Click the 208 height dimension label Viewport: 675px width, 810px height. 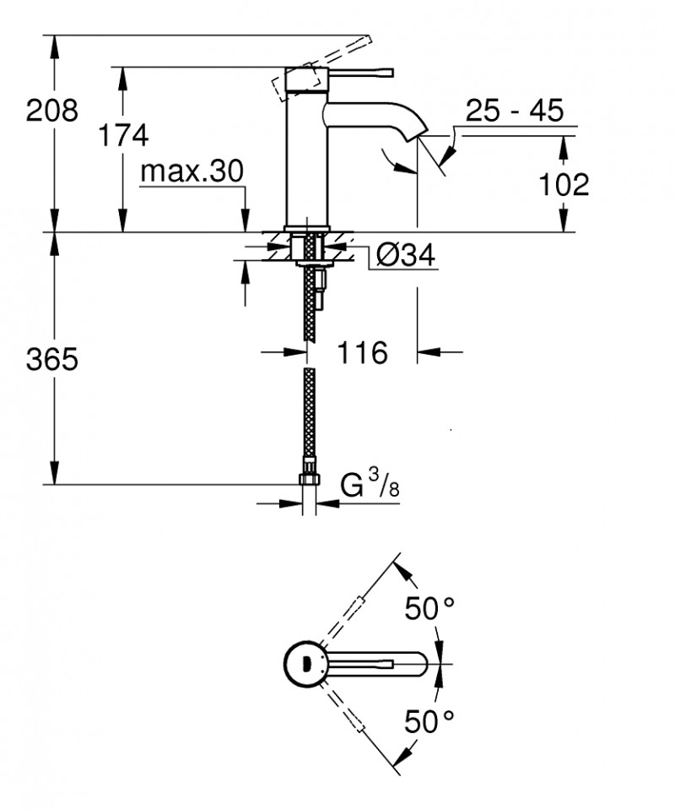coord(51,110)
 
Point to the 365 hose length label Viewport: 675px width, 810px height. coord(51,360)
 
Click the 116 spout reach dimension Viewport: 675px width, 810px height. coord(363,352)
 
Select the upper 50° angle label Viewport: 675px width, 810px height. coord(429,609)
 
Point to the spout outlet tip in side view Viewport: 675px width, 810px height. coord(419,133)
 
